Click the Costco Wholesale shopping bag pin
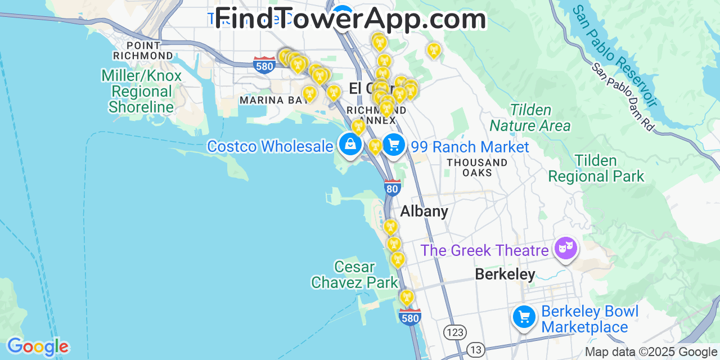pyautogui.click(x=350, y=145)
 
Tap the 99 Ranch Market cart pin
pyautogui.click(x=394, y=145)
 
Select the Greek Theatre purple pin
pyautogui.click(x=565, y=247)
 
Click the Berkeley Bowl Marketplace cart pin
pyautogui.click(x=524, y=317)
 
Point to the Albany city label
pyautogui.click(x=424, y=211)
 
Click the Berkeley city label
pyautogui.click(x=505, y=274)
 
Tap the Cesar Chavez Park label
pyautogui.click(x=354, y=274)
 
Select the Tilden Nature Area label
pyautogui.click(x=530, y=118)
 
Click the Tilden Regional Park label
pyautogui.click(x=596, y=169)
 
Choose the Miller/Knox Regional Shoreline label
pyautogui.click(x=141, y=91)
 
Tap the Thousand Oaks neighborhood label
pyautogui.click(x=477, y=167)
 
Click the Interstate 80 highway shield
pyautogui.click(x=393, y=187)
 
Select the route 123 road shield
pyautogui.click(x=454, y=332)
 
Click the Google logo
pyautogui.click(x=37, y=346)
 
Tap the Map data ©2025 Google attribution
pyautogui.click(x=651, y=352)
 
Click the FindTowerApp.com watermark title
pyautogui.click(x=350, y=19)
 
